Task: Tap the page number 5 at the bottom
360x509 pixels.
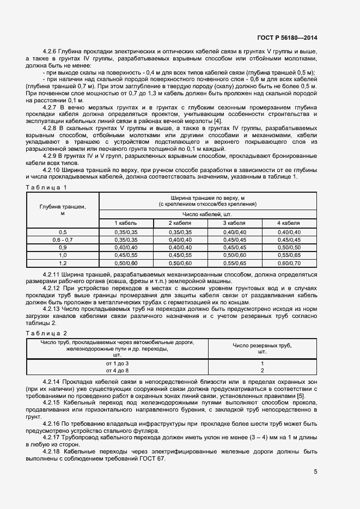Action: [315, 472]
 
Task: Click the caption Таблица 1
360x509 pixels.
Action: [46, 187]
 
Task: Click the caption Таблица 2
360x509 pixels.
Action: [46, 333]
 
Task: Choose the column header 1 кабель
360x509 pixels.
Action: [126, 223]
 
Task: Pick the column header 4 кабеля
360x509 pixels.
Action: [289, 223]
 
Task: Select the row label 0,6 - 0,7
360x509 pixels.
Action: [63, 240]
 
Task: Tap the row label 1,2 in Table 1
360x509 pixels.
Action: [63, 262]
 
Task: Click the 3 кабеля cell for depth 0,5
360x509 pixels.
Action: [234, 232]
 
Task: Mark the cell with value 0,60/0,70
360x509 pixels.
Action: [289, 262]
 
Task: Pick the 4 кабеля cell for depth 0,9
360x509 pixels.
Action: [289, 247]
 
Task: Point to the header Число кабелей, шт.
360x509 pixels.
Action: [207, 214]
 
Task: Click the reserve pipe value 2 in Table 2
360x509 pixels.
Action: [262, 370]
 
